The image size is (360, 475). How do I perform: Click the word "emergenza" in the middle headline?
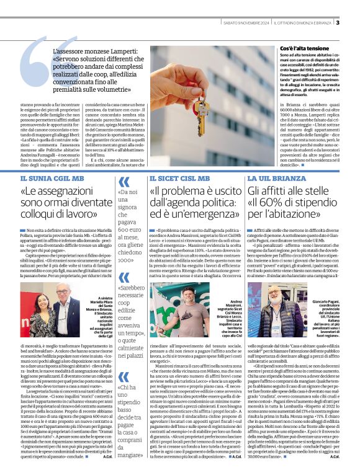coord(199,218)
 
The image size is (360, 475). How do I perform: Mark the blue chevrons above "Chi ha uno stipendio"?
coord(124,375)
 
